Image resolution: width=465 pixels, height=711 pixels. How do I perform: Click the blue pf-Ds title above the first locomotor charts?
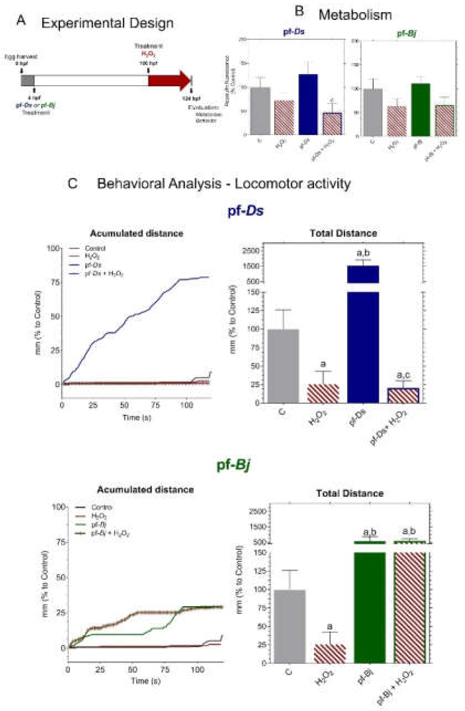(246, 211)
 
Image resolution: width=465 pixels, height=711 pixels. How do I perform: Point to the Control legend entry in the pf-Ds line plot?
(95, 248)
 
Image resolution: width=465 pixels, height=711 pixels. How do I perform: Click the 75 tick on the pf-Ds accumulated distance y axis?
(55, 283)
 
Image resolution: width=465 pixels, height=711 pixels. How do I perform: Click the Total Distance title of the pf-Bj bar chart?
(350, 493)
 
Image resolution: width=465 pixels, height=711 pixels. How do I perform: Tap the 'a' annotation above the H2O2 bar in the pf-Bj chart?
(330, 626)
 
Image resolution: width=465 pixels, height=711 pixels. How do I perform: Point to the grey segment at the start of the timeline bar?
(27, 81)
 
